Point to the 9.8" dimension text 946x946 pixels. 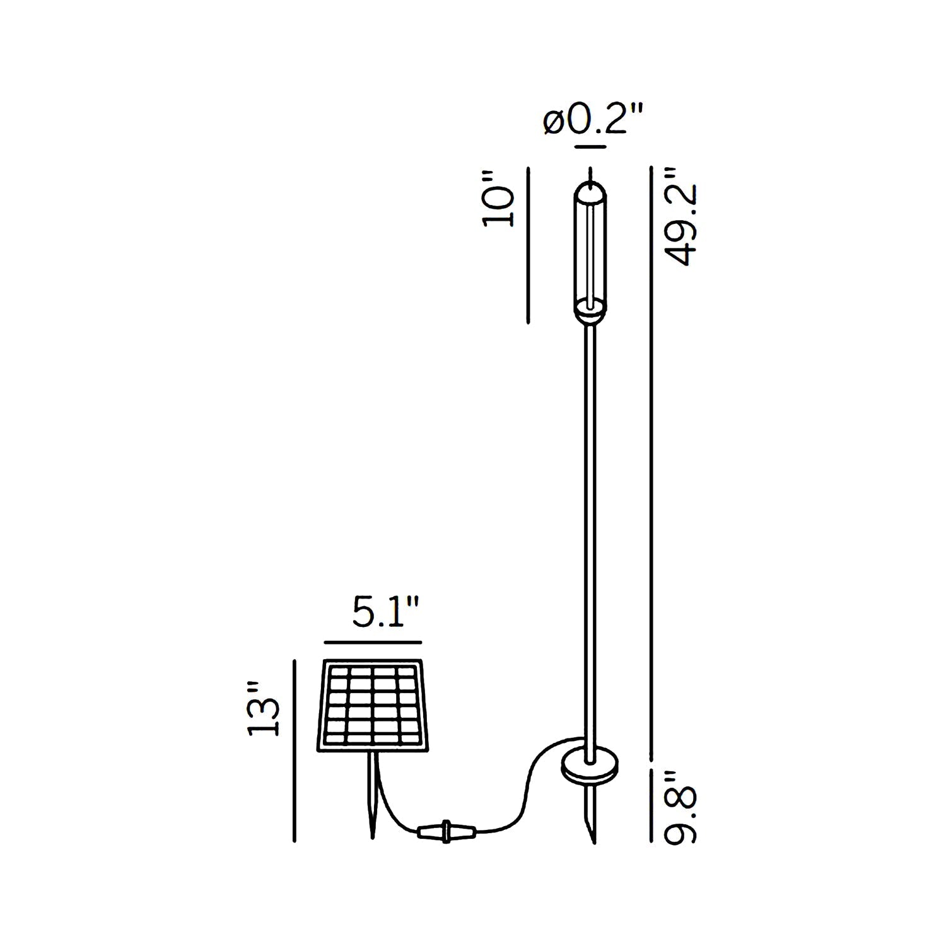[680, 807]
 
